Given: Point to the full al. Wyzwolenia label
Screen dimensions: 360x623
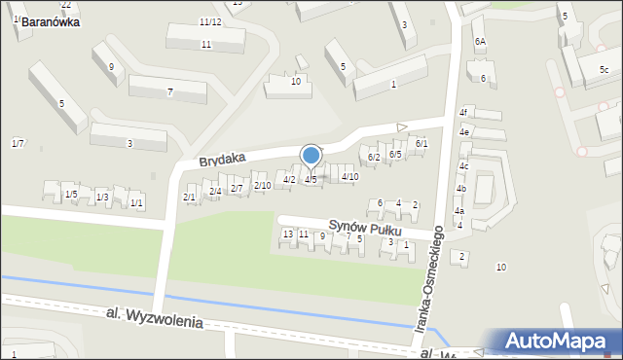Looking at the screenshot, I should [155, 318].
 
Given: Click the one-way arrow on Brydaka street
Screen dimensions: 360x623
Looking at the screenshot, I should [402, 126].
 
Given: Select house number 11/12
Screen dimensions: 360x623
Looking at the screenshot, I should [210, 21].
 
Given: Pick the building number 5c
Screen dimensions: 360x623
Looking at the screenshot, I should [604, 69].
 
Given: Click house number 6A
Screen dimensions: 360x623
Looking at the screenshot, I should [480, 42].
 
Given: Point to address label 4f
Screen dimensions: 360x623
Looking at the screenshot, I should [465, 112].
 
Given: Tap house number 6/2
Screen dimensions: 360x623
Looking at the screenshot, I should [372, 157].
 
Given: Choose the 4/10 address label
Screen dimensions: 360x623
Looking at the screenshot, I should [350, 176].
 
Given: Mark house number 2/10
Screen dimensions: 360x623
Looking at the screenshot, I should [262, 185].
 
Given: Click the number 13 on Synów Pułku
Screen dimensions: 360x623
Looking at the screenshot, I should [287, 234].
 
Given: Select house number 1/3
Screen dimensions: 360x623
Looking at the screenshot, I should [102, 198].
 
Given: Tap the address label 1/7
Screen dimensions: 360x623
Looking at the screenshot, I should [18, 144].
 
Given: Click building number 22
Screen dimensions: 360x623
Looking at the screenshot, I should [65, 5].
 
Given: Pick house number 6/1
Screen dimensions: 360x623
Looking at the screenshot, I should [421, 144].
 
